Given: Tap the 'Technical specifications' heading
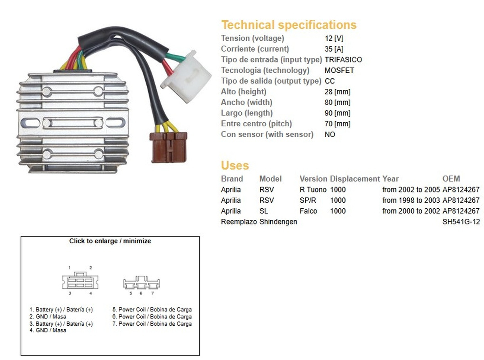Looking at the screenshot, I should (x=289, y=25).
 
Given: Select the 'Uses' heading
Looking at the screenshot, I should (x=235, y=165).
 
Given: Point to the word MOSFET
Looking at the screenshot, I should (x=339, y=70).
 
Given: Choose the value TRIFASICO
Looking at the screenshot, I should (x=343, y=60).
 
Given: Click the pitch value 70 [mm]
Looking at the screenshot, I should (x=337, y=124).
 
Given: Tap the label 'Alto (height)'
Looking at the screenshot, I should (x=244, y=92).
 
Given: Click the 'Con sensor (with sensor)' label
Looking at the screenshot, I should (x=267, y=134).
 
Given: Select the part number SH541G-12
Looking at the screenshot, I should (x=461, y=222).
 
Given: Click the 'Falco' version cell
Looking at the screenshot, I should (x=308, y=211).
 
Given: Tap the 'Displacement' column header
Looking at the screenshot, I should (x=355, y=179).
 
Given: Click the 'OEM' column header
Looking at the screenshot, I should (x=451, y=179).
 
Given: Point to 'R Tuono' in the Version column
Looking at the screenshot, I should (x=313, y=190).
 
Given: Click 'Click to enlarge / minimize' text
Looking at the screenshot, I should (x=110, y=241).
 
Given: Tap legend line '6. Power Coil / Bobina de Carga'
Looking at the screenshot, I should (x=152, y=317).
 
